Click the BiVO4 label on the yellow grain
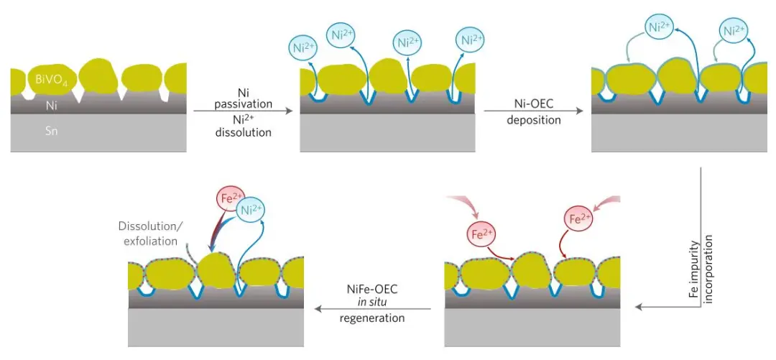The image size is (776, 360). pyautogui.click(x=50, y=80)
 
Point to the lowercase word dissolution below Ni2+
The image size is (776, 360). pyautogui.click(x=244, y=133)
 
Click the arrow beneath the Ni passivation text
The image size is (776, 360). pyautogui.click(x=244, y=111)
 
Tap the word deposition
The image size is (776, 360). pyautogui.click(x=533, y=120)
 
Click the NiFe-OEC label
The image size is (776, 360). pyautogui.click(x=371, y=288)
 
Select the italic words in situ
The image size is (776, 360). pyautogui.click(x=371, y=302)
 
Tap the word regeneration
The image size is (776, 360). pyautogui.click(x=371, y=318)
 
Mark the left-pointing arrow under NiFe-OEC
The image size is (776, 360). pyautogui.click(x=371, y=310)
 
